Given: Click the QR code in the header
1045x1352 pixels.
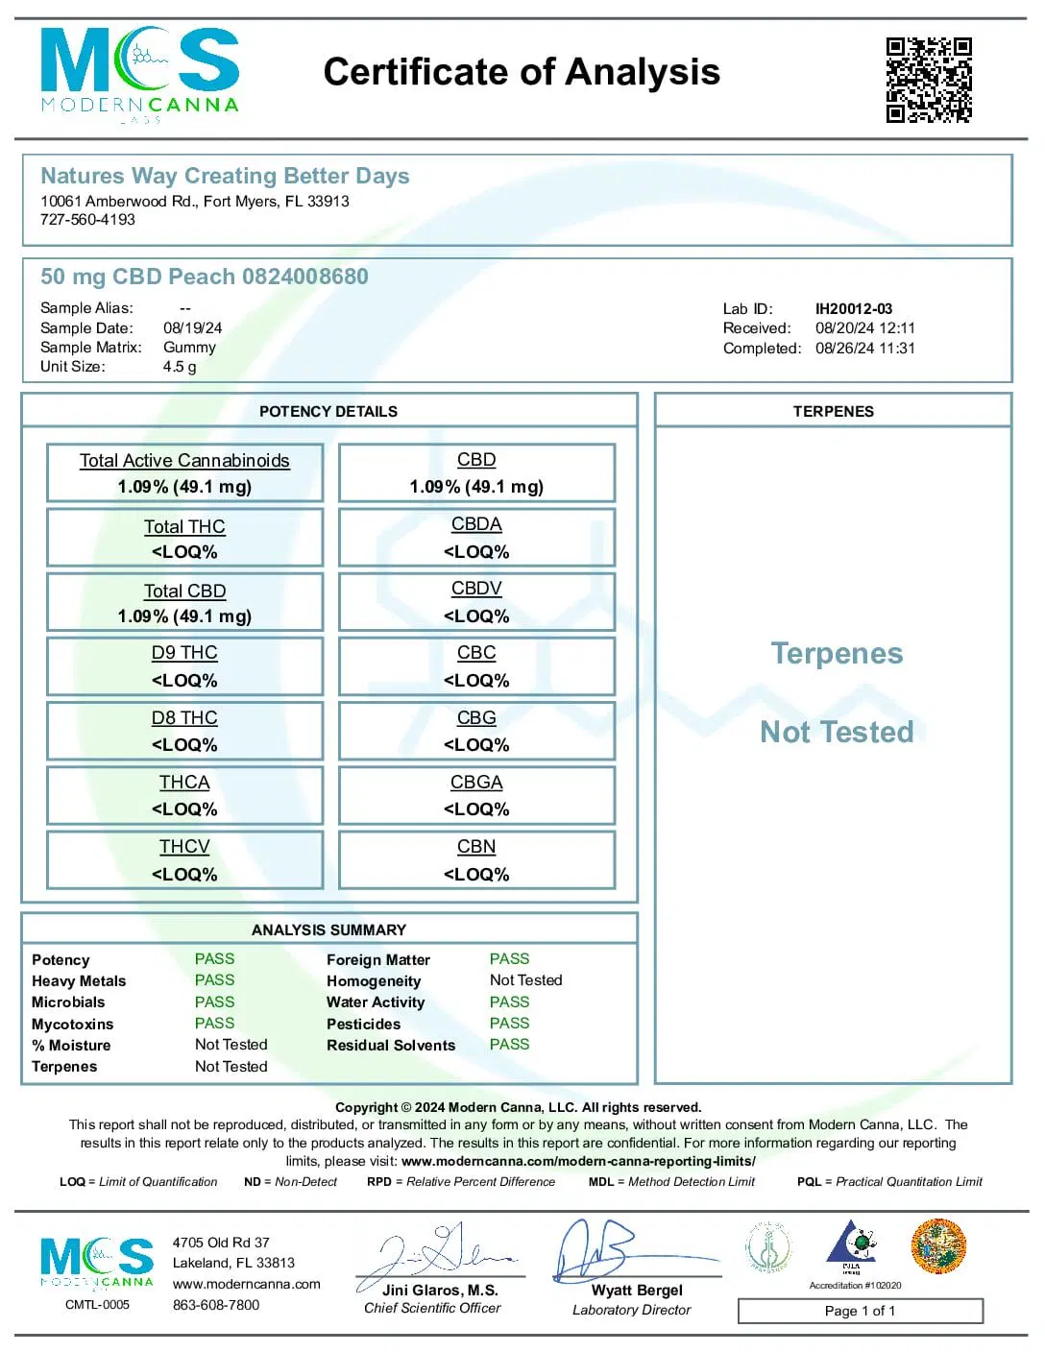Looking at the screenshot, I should pos(928,80).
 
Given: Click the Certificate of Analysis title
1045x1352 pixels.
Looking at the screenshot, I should pos(522,72).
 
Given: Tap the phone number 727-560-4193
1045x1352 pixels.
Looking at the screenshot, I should pos(87,220).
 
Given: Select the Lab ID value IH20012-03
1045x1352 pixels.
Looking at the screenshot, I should pos(853,309).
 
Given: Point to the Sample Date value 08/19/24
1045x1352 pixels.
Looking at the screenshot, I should pos(192,328).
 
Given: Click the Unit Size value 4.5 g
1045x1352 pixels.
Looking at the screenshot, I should pos(180,367).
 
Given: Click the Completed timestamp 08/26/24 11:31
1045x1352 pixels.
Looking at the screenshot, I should pos(864,349).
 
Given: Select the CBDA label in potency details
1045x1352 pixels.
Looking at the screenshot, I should pos(476,524).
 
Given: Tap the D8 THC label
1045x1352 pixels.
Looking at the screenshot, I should pos(184,718).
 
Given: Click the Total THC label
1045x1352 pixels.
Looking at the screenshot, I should pos(184,527).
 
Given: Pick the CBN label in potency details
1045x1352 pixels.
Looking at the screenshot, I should pos(476,847).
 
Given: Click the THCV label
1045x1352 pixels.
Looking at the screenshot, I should pos(184,847).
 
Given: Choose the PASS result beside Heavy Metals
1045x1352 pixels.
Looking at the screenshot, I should pos(214,980).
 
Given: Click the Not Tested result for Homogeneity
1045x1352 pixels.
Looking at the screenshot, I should pos(525,980).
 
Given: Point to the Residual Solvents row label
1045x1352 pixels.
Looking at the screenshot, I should pos(391,1046).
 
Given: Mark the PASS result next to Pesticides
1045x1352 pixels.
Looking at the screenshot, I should pos(509,1024).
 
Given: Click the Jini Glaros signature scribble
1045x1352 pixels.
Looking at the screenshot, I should pos(437,1252).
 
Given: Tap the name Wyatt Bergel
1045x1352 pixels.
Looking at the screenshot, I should pos(637,1291).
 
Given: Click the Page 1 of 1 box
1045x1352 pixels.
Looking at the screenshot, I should pos(860,1311).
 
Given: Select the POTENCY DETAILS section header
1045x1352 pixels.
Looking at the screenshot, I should pos(328,412).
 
